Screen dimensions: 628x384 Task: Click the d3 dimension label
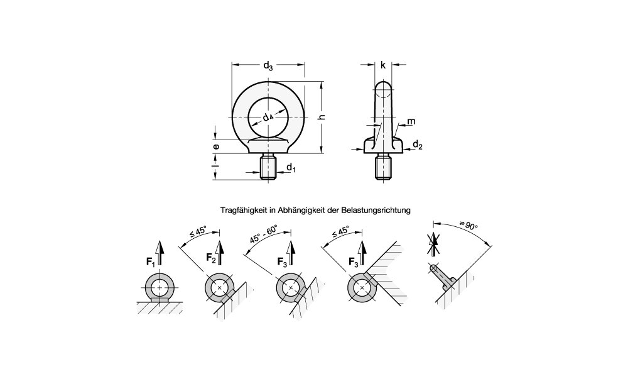[268, 66]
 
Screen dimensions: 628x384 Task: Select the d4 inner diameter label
[268, 117]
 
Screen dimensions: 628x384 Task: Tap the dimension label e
[216, 146]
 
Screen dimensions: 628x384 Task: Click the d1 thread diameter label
[291, 168]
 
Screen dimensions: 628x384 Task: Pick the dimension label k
[383, 65]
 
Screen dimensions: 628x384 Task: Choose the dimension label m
[411, 121]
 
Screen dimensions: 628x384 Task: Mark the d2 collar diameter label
[418, 145]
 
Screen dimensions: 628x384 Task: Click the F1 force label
[151, 262]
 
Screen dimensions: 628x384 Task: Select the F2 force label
[211, 258]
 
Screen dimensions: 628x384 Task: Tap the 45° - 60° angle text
[264, 235]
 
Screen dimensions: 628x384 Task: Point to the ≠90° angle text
[468, 225]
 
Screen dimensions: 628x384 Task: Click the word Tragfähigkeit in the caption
[242, 210]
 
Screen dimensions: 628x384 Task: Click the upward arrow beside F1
[160, 253]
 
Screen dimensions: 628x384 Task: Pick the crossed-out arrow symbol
[433, 244]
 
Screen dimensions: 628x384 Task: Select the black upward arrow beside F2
[219, 253]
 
